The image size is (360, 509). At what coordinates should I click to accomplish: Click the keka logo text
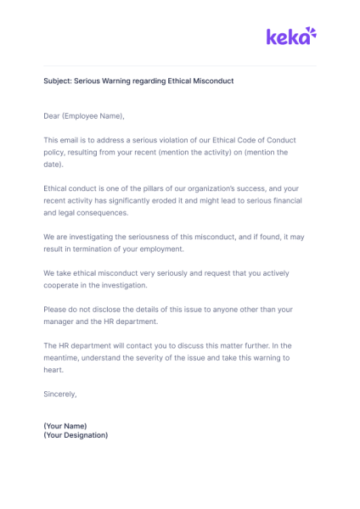coord(284,36)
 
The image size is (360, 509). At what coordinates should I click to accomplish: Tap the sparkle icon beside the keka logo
coord(310,33)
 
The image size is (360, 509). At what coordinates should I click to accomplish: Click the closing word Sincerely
coord(59,394)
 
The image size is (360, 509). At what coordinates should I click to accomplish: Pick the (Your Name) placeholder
coord(65,425)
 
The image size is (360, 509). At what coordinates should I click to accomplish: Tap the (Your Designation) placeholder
coord(76,435)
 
